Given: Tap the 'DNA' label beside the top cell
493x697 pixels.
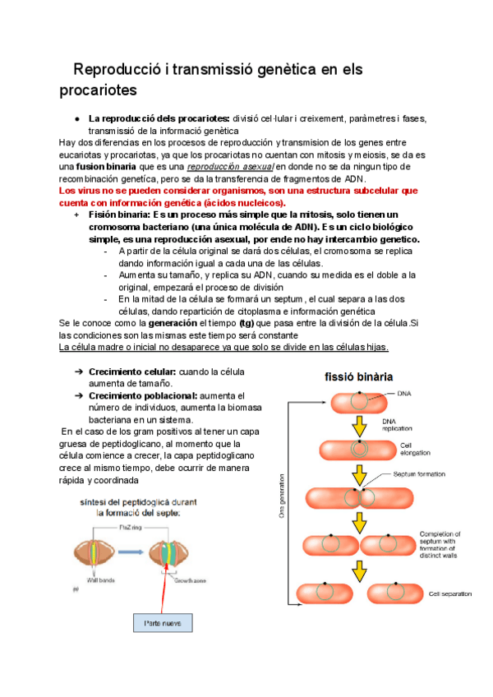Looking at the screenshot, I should [403, 393].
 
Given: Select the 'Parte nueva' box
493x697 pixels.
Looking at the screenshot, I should [163, 624].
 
